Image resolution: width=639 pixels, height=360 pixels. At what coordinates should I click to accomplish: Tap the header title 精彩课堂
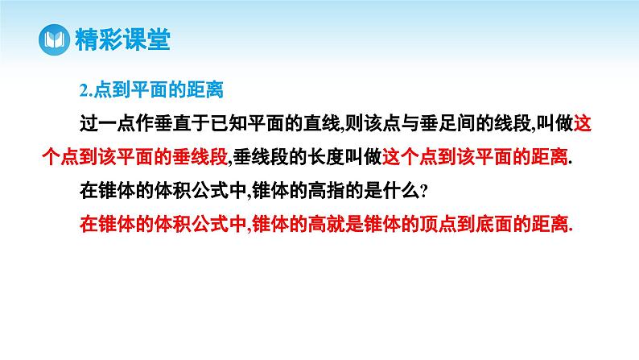point(120,39)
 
